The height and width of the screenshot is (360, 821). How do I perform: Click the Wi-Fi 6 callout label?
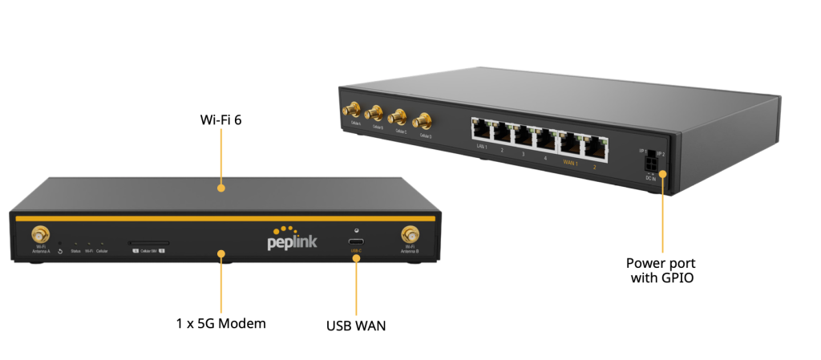[220, 119]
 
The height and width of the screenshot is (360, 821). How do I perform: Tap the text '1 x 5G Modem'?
[220, 324]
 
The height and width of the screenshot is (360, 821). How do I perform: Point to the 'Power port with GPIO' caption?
[661, 270]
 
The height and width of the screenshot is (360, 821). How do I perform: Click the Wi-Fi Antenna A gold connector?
[39, 235]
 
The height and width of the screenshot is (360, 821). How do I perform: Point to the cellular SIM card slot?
[149, 242]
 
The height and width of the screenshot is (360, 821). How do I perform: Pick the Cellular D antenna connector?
[424, 120]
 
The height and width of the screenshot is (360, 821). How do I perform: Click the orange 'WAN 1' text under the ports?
[570, 162]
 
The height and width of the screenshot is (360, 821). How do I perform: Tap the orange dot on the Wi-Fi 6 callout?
[220, 188]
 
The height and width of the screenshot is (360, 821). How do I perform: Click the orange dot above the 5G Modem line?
[220, 254]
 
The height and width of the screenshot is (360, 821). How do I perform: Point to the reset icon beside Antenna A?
[60, 252]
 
